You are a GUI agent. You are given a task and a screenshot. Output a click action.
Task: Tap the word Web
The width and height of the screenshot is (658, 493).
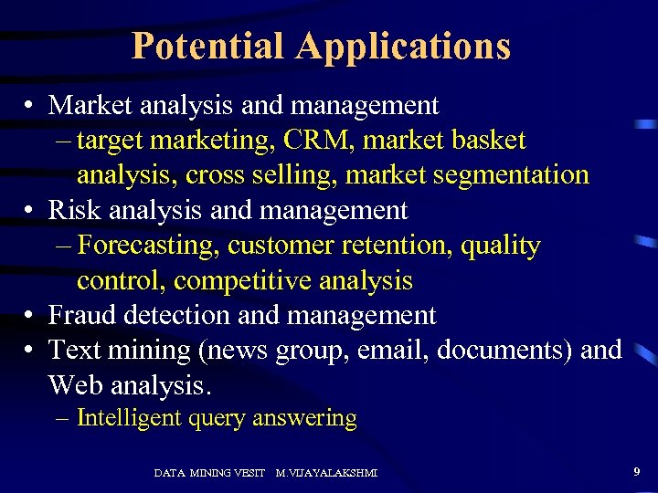76,385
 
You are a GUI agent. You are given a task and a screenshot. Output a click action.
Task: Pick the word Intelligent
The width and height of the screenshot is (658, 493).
128,418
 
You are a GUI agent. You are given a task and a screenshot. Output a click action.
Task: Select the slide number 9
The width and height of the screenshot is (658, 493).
636,471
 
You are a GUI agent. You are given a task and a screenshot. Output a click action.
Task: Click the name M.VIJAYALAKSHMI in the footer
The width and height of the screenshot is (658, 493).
326,473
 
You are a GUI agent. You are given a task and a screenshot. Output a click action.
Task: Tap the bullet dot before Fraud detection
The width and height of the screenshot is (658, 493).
31,316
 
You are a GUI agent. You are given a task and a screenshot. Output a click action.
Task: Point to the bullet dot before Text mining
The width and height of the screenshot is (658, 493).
31,351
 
